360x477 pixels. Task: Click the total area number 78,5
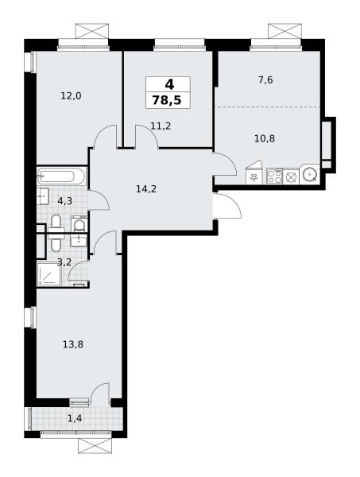click(x=167, y=100)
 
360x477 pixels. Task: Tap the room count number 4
click(x=169, y=84)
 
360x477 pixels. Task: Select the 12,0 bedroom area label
click(x=71, y=96)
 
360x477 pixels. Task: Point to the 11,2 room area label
click(x=161, y=126)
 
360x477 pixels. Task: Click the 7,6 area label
click(x=265, y=80)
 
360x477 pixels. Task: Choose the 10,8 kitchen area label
click(x=265, y=138)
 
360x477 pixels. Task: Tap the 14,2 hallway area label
click(x=146, y=189)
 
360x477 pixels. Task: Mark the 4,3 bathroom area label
click(x=64, y=201)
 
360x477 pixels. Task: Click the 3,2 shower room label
click(x=64, y=262)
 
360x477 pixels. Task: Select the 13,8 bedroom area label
click(x=73, y=345)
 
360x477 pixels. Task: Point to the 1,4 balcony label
click(x=75, y=419)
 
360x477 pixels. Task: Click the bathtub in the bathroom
click(x=62, y=176)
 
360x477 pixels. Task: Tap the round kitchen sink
click(x=310, y=175)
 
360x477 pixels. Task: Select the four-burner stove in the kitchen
click(x=274, y=176)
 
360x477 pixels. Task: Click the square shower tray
click(x=49, y=275)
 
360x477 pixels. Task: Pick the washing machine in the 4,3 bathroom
click(x=79, y=225)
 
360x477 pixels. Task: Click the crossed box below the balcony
click(x=95, y=446)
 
